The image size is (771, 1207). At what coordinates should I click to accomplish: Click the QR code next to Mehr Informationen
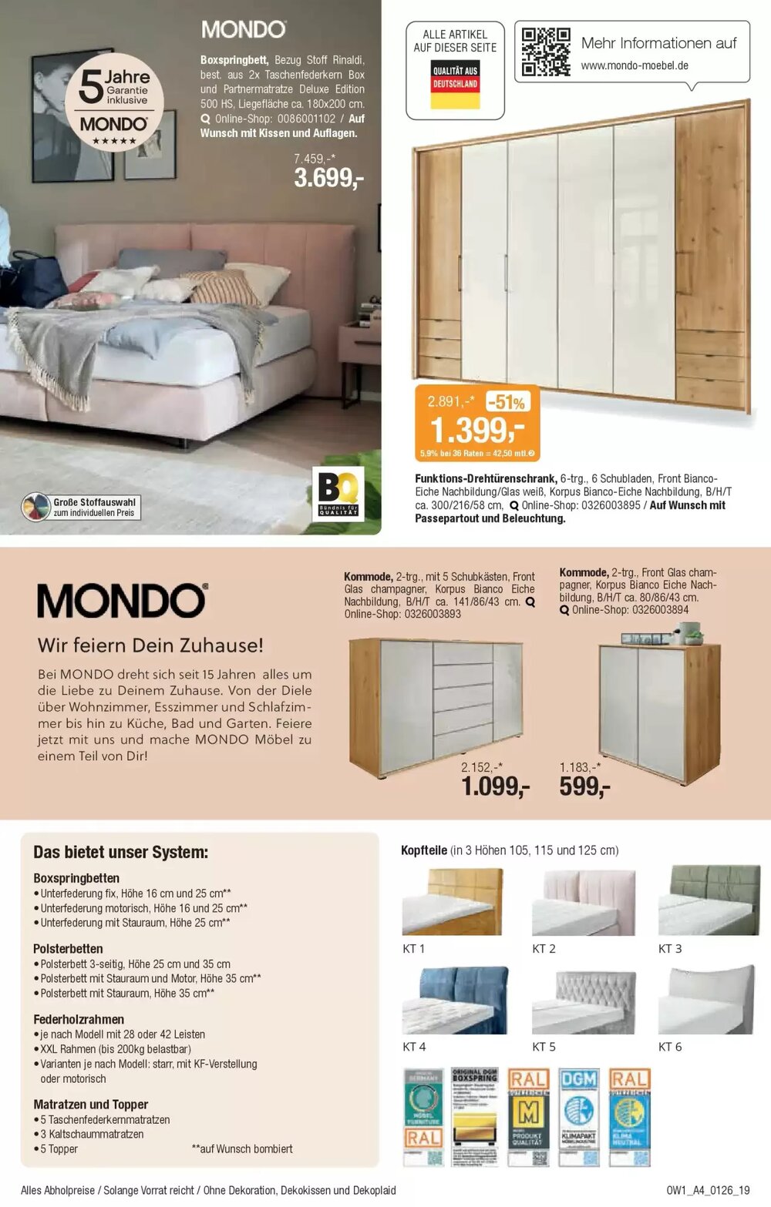click(545, 52)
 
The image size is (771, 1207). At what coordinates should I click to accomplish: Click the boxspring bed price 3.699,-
click(328, 178)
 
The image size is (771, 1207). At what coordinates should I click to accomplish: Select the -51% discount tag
click(507, 402)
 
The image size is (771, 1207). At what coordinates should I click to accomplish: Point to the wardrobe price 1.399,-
click(476, 430)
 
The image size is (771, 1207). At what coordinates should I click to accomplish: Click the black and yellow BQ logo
click(338, 494)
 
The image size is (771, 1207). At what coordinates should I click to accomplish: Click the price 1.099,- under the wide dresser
click(495, 786)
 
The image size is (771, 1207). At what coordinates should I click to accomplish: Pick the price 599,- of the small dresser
click(584, 786)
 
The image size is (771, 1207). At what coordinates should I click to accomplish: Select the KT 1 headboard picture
click(452, 902)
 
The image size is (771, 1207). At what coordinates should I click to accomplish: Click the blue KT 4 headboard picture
click(455, 1000)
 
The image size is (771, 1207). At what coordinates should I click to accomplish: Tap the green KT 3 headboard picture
click(709, 900)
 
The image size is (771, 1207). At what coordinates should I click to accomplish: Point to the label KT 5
click(544, 1047)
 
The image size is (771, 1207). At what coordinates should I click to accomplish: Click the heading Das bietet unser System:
click(120, 853)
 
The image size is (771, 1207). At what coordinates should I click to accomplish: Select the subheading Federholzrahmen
click(79, 1019)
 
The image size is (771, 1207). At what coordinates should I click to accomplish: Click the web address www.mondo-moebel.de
click(635, 65)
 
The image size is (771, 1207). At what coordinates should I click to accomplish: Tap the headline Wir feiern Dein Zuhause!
click(150, 645)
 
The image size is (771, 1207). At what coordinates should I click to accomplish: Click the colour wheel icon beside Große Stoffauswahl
click(35, 507)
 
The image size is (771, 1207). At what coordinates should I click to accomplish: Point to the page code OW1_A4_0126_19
click(708, 1190)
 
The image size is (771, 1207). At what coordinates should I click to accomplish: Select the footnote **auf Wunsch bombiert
click(242, 1149)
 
